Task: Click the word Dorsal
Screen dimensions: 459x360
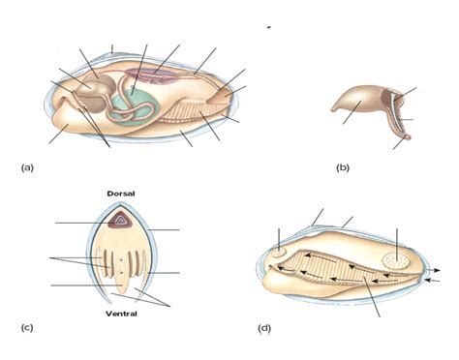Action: pos(121,194)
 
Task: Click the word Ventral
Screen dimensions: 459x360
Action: pos(121,314)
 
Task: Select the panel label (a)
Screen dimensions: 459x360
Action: pos(27,168)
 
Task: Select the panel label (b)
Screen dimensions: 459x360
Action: pos(342,168)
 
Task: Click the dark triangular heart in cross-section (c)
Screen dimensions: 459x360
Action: pos(120,221)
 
